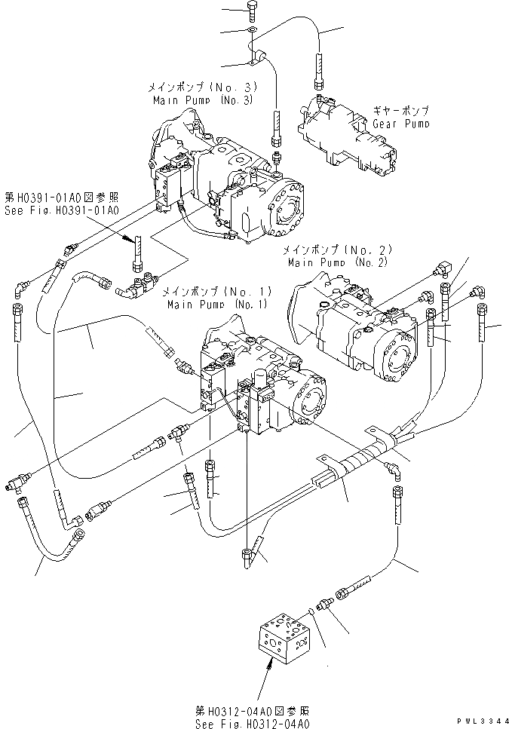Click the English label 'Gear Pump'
click(401, 124)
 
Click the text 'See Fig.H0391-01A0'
click(60, 212)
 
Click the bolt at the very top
click(252, 11)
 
